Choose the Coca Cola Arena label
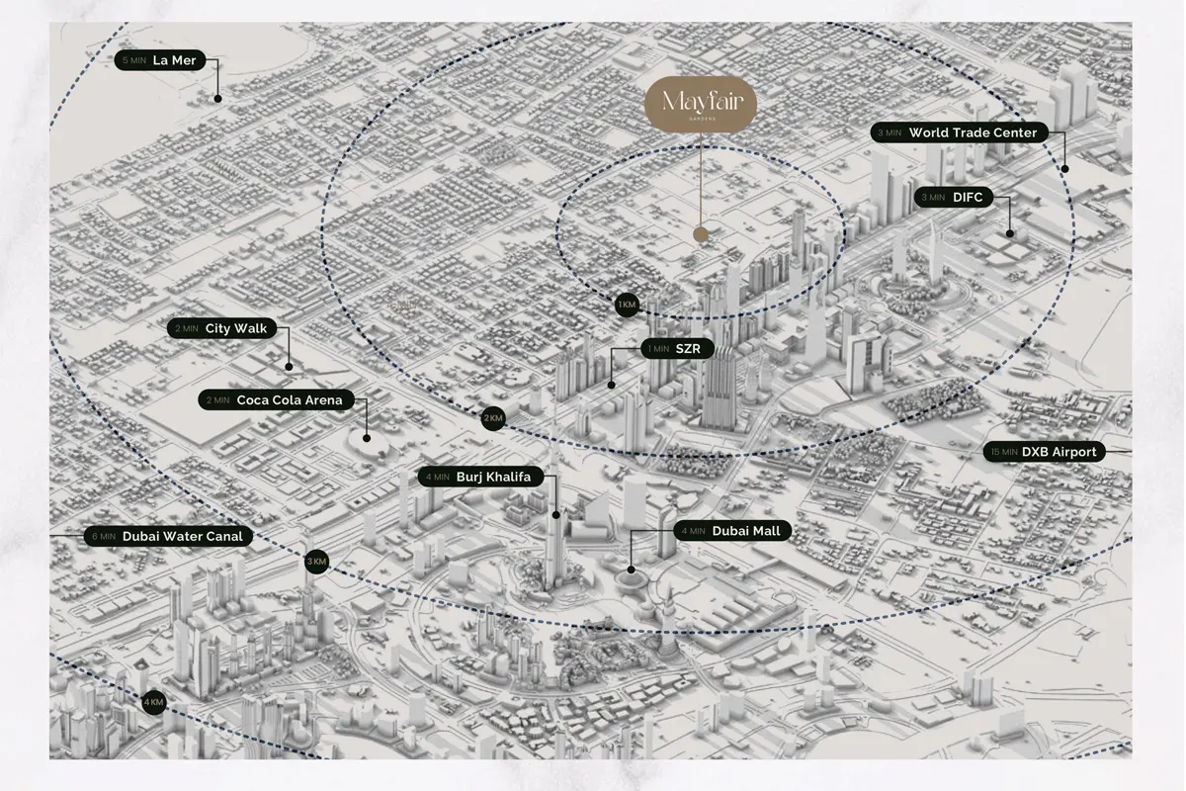tap(276, 400)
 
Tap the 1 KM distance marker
tap(627, 305)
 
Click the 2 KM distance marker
tap(493, 418)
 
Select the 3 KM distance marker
tap(316, 562)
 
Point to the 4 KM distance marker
tap(152, 703)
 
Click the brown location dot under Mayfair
tap(701, 235)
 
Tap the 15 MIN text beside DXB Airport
tap(1003, 452)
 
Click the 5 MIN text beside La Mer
tap(131, 60)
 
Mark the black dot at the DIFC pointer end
tap(1010, 234)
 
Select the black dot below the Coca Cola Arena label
tap(367, 437)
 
